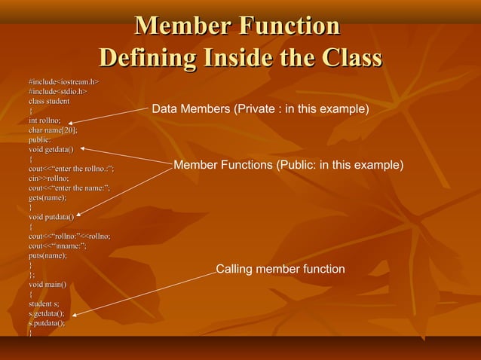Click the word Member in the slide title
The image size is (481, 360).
[x=181, y=26]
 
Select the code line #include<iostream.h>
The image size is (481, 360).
[x=64, y=81]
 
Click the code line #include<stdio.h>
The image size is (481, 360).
[x=57, y=91]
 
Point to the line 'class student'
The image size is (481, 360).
[x=49, y=101]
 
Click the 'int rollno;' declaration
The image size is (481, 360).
[x=44, y=121]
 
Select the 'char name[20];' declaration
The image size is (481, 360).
[x=53, y=130]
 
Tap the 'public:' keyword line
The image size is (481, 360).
[x=40, y=139]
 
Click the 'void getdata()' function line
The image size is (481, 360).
[x=51, y=149]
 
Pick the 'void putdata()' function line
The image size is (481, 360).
[x=51, y=217]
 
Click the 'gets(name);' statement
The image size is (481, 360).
[x=47, y=197]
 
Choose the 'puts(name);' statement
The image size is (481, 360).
[x=47, y=255]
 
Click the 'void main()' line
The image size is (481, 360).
[x=47, y=285]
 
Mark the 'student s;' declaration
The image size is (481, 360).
[x=44, y=304]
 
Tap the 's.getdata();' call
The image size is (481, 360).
[x=46, y=313]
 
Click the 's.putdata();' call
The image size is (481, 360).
[x=47, y=323]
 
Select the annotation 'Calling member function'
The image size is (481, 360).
[x=280, y=270]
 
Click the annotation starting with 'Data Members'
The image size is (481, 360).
[x=260, y=110]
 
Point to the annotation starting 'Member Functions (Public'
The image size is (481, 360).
[x=288, y=165]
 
